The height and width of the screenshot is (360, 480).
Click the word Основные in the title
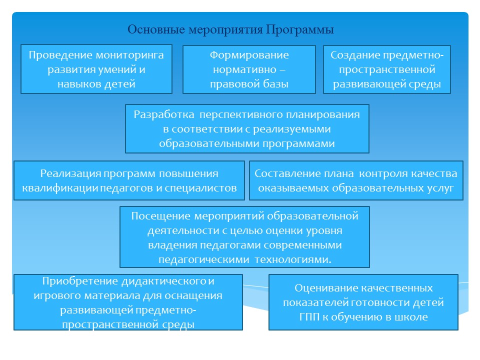[156, 29]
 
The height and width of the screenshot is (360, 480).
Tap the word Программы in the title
[299, 30]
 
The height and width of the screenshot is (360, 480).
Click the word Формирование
[249, 55]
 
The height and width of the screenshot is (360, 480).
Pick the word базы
[275, 83]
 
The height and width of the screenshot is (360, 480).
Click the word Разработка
[164, 114]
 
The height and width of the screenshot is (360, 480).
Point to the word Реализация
[70, 174]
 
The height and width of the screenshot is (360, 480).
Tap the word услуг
[440, 188]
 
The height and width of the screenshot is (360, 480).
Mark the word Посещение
[161, 216]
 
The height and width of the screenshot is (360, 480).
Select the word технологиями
[293, 259]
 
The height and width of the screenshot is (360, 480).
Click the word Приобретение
[80, 281]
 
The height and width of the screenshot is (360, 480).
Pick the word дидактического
[164, 281]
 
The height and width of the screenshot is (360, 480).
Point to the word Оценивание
[323, 288]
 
